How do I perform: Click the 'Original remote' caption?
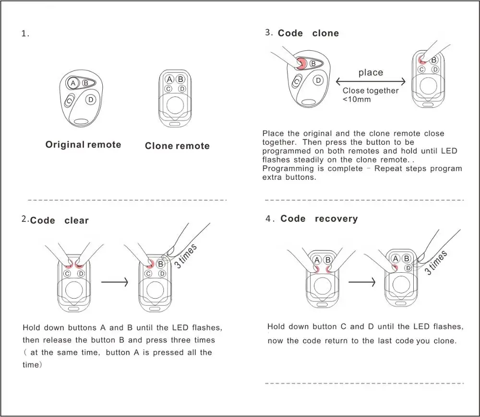pyautogui.click(x=83, y=145)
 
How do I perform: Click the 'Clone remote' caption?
pyautogui.click(x=177, y=146)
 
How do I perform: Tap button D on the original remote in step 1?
pyautogui.click(x=91, y=100)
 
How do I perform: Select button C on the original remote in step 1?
pyautogui.click(x=69, y=100)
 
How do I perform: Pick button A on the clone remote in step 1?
pyautogui.click(x=169, y=80)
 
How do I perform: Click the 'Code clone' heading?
pyautogui.click(x=308, y=34)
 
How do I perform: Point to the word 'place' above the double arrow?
pyautogui.click(x=371, y=72)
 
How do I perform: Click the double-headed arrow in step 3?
pyautogui.click(x=371, y=81)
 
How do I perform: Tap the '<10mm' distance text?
pyautogui.click(x=357, y=99)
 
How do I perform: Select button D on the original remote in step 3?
pyautogui.click(x=318, y=81)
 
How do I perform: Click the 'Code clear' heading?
pyautogui.click(x=59, y=220)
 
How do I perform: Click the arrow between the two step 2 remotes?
pyautogui.click(x=114, y=282)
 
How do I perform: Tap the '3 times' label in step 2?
pyautogui.click(x=186, y=256)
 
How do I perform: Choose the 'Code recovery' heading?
pyautogui.click(x=319, y=219)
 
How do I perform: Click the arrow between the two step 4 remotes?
pyautogui.click(x=361, y=282)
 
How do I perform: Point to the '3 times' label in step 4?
pyautogui.click(x=436, y=262)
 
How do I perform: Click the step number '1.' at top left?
pyautogui.click(x=25, y=34)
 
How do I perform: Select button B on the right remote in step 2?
pyautogui.click(x=160, y=264)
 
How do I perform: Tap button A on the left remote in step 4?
pyautogui.click(x=317, y=260)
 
